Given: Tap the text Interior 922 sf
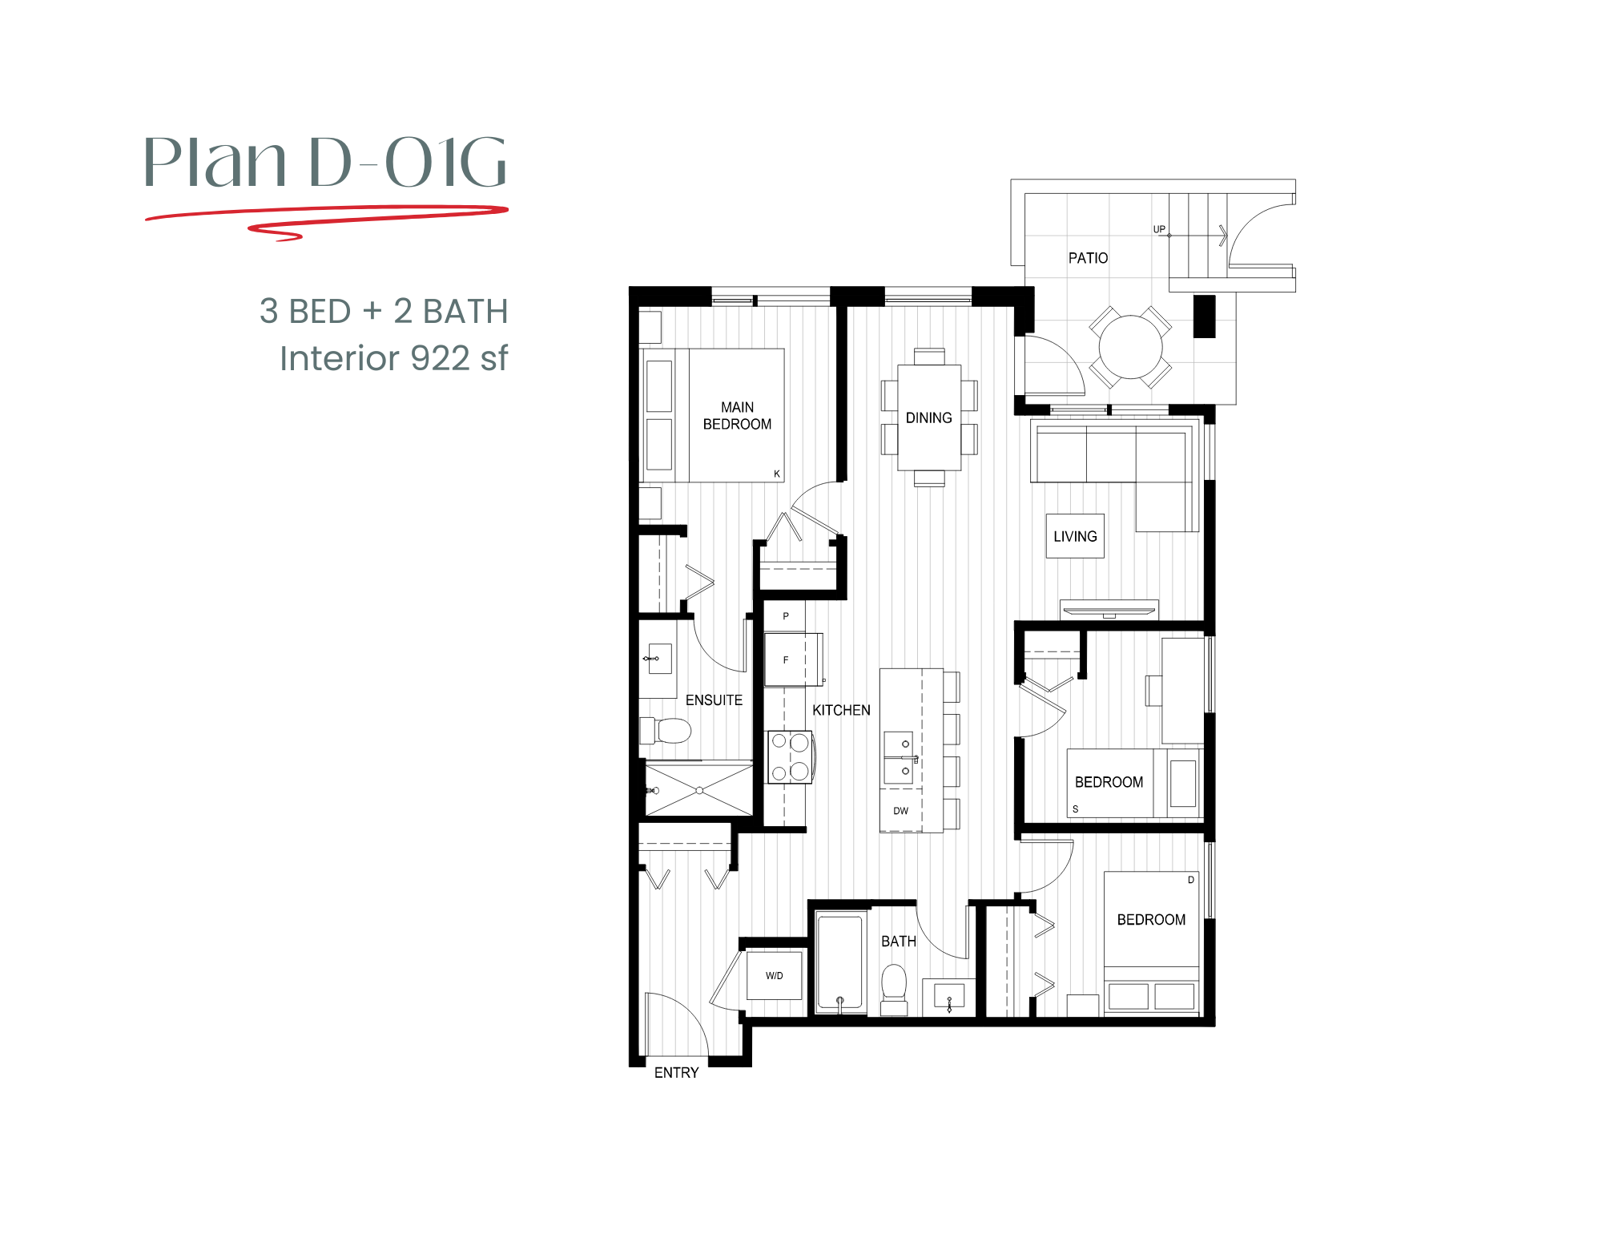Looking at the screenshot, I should click(x=393, y=358).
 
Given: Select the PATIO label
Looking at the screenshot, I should click(x=1088, y=258).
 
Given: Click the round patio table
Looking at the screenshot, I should click(x=1130, y=347).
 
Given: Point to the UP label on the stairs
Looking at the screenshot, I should click(x=1159, y=229).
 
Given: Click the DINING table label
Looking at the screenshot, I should click(x=928, y=417).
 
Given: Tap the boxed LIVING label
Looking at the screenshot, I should click(x=1075, y=536).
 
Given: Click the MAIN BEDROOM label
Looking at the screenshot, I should click(x=737, y=416).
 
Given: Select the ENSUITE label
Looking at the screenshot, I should click(x=714, y=700).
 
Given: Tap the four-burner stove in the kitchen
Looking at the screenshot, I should click(x=790, y=756).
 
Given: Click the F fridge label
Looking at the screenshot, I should click(x=786, y=660).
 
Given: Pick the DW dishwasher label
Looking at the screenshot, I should click(x=900, y=811).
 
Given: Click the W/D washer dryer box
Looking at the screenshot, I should click(x=774, y=975).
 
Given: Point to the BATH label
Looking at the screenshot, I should click(x=898, y=941).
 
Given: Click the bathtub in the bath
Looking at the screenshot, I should click(x=840, y=962).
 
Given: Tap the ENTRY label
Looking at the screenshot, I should click(x=676, y=1072).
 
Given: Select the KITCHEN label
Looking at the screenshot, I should click(x=841, y=710).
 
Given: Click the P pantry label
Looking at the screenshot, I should click(x=786, y=616).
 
